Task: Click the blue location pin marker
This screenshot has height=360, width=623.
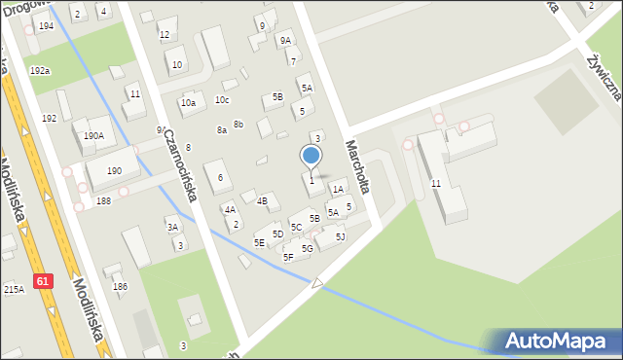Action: (x=311, y=156)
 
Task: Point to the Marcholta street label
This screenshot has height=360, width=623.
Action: (x=356, y=165)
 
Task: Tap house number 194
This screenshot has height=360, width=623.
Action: (x=46, y=25)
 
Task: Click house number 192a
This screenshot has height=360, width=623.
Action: (x=40, y=71)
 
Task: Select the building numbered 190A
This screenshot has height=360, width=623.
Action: (x=93, y=136)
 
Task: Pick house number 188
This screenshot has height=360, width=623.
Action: (x=103, y=200)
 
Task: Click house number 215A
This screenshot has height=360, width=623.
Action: (x=14, y=289)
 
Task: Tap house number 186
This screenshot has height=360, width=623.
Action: (x=121, y=286)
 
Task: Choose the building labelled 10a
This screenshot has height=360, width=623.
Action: (x=188, y=102)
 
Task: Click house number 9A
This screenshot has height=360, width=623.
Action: (x=285, y=41)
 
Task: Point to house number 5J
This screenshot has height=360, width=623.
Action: (x=340, y=236)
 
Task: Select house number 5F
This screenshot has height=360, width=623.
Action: (x=288, y=257)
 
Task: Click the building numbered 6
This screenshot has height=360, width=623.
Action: (x=220, y=177)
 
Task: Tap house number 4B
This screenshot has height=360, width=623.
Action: (x=262, y=200)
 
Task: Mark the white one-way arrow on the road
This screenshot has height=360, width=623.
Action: (x=317, y=283)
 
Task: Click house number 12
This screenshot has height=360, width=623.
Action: (x=165, y=34)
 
